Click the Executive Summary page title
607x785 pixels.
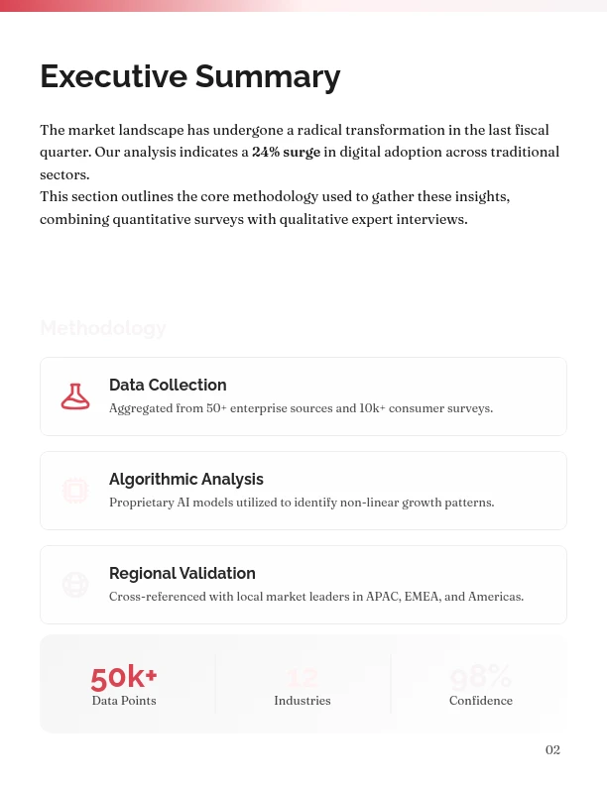(189, 76)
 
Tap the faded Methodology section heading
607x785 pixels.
(103, 328)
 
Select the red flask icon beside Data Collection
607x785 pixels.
(75, 396)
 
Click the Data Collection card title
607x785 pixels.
(168, 385)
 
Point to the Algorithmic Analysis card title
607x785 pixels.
(186, 479)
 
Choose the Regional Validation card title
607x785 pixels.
(182, 573)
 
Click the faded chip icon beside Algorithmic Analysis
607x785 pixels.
(75, 491)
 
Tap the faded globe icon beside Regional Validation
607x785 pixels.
(75, 585)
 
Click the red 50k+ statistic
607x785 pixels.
(124, 677)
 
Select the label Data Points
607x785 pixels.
(124, 701)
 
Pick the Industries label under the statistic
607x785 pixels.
(303, 701)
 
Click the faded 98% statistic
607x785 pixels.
(481, 677)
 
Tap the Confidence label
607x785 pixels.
(481, 701)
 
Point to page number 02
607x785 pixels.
(552, 750)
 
